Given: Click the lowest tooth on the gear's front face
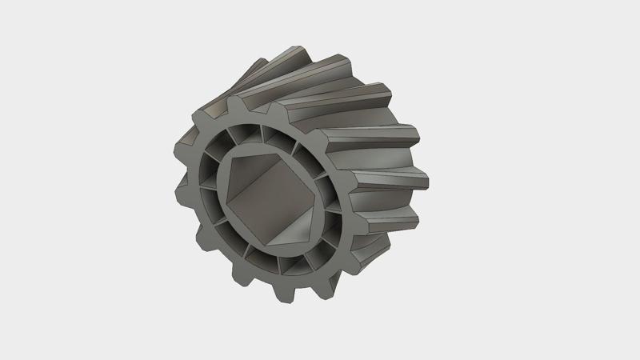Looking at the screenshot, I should click(286, 294).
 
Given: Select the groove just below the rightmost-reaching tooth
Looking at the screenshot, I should click(400, 160).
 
